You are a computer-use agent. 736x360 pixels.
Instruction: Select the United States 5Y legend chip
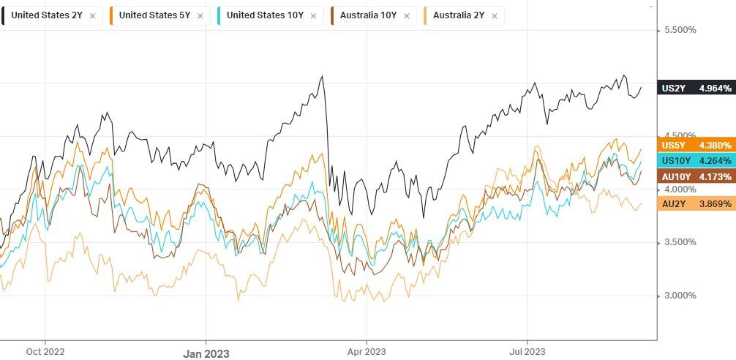(153, 15)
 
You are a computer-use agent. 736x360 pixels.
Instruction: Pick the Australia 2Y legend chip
(462, 15)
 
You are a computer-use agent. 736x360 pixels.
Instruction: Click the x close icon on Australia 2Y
(495, 15)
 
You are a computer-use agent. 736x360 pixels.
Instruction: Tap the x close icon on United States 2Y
(91, 15)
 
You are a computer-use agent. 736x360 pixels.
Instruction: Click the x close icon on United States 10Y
(314, 15)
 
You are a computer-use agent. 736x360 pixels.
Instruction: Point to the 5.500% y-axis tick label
(680, 31)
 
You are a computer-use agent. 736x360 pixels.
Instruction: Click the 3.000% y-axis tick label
(680, 296)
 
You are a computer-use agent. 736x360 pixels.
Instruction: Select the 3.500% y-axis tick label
(680, 242)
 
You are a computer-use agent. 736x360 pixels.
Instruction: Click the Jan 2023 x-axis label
(206, 353)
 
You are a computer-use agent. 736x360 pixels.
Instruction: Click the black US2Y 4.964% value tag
(696, 89)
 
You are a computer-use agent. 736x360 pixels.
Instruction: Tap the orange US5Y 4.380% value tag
(696, 146)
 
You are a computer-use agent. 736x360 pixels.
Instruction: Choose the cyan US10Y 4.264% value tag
(696, 161)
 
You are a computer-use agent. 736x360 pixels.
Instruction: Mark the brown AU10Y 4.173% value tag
(696, 176)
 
